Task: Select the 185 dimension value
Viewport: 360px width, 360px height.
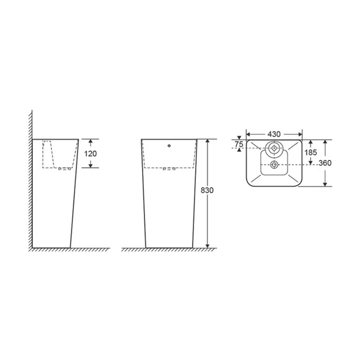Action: [311, 153]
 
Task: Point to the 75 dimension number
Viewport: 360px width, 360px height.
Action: [239, 144]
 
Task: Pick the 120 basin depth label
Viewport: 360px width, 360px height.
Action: [91, 153]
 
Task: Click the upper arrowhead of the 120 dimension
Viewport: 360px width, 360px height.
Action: [90, 142]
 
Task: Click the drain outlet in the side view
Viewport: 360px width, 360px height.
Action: [64, 170]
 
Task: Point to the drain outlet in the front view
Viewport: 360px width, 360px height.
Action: [169, 170]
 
